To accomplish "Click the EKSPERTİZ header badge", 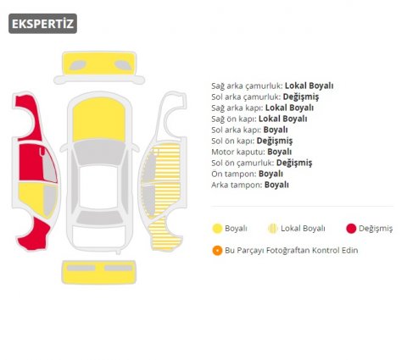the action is (42, 24).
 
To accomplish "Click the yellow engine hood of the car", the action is (99, 119).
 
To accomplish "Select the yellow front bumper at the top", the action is (99, 64).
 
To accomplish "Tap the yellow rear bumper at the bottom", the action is (99, 272).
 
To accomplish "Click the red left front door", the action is (31, 163).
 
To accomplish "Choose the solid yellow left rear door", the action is (31, 197).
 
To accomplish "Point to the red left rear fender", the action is (34, 235).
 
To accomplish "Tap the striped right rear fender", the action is (164, 234).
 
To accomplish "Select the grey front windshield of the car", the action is (99, 152).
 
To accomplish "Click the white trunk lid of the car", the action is (98, 236).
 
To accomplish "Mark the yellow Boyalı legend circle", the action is (217, 229).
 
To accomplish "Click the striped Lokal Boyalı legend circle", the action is (273, 229).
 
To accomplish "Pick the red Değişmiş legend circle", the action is (351, 229).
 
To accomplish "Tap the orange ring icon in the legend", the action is (217, 251).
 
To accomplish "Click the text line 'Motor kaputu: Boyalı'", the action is (252, 152).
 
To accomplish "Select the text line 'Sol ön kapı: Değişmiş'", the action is (252, 141).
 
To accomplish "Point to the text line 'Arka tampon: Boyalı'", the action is (250, 185).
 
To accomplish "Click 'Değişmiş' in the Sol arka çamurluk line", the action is (301, 97).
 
